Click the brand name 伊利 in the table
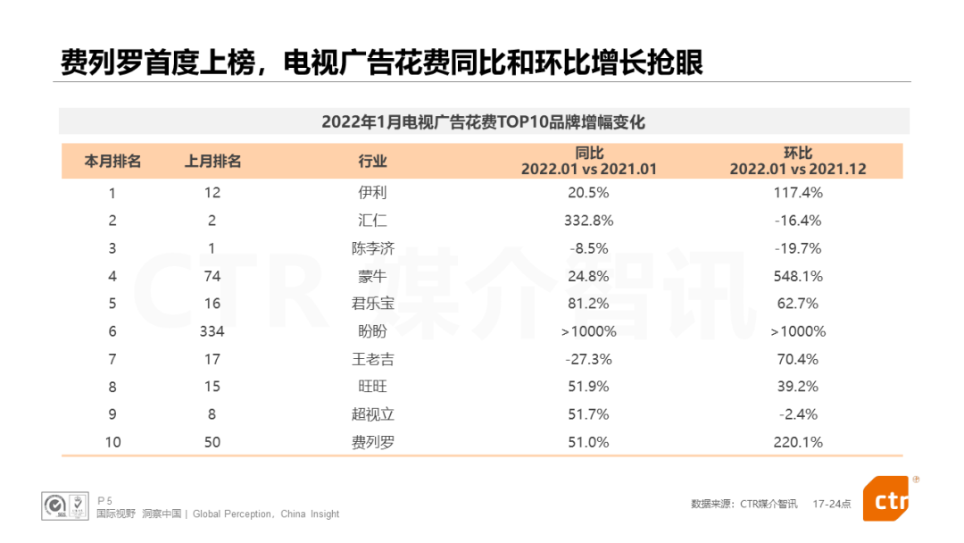[372, 192]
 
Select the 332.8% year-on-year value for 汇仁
[588, 220]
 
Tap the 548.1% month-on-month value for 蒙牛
[798, 276]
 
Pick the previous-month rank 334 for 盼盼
[212, 331]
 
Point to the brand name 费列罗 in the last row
[372, 442]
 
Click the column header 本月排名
[112, 162]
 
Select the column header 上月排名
[212, 162]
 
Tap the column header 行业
[372, 162]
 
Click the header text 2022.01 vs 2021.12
[798, 169]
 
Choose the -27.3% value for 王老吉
[588, 359]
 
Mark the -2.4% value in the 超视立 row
[798, 414]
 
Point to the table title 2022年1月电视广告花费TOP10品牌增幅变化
[483, 121]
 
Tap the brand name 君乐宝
[372, 304]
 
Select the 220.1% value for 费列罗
[798, 442]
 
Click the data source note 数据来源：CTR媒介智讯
[744, 504]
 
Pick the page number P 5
[104, 500]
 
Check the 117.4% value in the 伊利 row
[798, 192]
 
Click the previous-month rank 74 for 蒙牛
[212, 276]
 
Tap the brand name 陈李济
[372, 248]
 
